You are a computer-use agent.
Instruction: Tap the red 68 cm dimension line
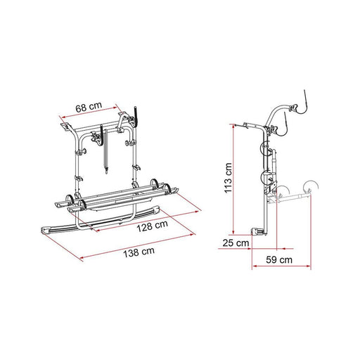[x=91, y=115]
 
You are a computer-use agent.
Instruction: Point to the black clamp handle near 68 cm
[x=136, y=112]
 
